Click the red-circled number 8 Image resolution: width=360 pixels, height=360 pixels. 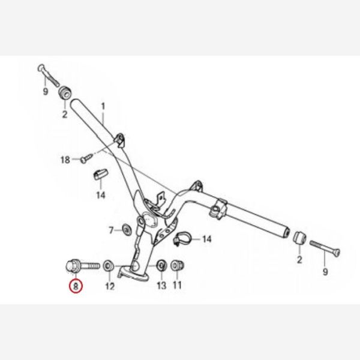[76, 286]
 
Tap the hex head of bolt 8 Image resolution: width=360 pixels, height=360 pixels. [73, 266]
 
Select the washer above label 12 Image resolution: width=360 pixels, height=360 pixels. [109, 266]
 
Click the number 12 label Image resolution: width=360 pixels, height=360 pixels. [110, 286]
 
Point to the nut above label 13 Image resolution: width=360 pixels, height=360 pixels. [161, 266]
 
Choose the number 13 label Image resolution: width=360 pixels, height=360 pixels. [161, 286]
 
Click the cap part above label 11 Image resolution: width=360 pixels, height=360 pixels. [178, 266]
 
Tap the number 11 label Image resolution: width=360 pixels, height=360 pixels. [177, 285]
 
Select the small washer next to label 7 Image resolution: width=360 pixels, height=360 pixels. [126, 229]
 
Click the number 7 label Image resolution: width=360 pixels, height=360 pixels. [112, 230]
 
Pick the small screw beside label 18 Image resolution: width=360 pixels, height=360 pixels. [87, 158]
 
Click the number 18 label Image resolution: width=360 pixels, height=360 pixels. [65, 160]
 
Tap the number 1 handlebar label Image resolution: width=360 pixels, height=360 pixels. [103, 107]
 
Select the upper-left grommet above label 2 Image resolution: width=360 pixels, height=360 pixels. [65, 92]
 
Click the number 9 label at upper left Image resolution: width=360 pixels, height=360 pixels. [46, 92]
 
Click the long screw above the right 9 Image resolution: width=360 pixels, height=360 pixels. [325, 248]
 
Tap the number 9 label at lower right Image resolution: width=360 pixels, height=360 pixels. [325, 272]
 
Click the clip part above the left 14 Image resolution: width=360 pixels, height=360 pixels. [100, 174]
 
